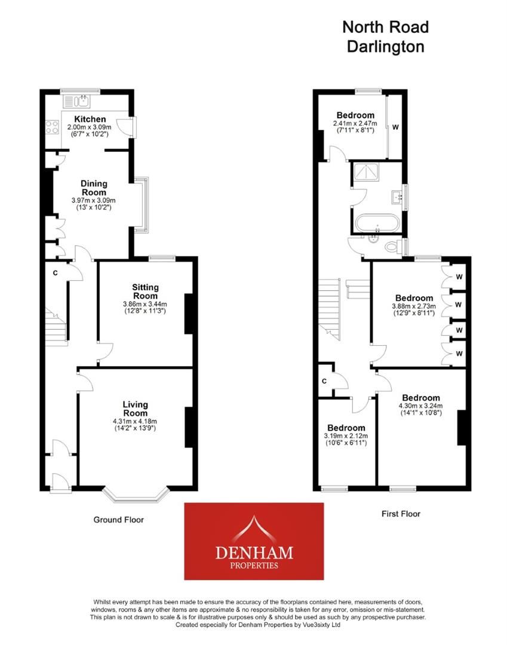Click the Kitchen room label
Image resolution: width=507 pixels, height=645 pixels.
tap(90, 119)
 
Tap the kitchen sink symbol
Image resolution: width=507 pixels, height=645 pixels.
tap(76, 101)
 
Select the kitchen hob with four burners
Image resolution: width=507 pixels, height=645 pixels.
tap(52, 127)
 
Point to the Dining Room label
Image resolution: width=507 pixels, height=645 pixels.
tap(94, 188)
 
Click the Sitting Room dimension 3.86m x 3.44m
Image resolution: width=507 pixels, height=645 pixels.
tap(145, 304)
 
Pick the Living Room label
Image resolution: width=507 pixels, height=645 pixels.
tap(136, 409)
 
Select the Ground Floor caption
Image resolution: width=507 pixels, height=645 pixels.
tap(118, 520)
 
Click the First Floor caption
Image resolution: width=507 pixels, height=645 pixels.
tap(401, 514)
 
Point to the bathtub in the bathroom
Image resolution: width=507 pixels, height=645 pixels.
tap(377, 223)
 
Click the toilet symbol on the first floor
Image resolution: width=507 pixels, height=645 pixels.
tap(393, 247)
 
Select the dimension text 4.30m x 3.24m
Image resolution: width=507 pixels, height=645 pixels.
tap(420, 406)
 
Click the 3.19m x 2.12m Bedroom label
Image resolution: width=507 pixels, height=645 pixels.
tap(346, 428)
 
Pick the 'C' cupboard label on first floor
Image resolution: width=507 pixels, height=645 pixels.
tap(324, 381)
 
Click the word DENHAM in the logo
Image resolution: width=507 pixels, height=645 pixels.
tap(254, 552)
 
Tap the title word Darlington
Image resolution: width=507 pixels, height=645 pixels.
tap(385, 47)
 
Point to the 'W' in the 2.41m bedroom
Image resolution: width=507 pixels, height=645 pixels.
tap(395, 127)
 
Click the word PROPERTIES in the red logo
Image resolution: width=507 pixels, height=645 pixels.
tap(254, 565)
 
